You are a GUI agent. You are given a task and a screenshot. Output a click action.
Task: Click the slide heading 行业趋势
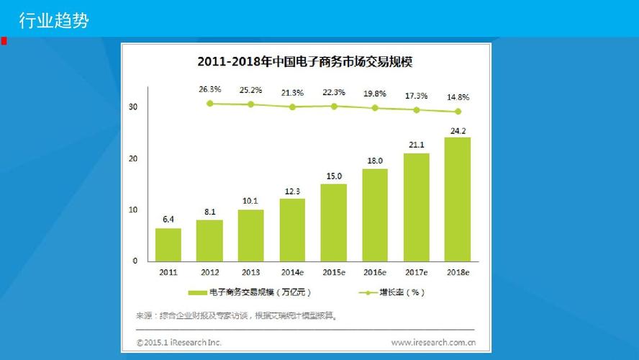53,21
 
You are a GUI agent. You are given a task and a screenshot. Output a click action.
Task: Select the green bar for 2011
168,245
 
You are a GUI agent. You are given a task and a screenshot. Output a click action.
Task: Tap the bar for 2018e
458,199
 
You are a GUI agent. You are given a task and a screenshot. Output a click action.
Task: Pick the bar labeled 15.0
334,222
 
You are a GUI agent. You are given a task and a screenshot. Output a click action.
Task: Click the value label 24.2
458,131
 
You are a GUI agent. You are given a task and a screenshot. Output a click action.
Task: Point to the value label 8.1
209,212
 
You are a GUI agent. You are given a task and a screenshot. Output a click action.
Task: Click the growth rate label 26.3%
209,90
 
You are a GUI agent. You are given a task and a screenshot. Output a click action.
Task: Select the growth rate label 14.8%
458,97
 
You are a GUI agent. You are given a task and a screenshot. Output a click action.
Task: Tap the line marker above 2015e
334,106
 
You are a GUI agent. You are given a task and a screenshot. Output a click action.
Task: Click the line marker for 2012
209,104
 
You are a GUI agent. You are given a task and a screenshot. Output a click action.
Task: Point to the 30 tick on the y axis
133,107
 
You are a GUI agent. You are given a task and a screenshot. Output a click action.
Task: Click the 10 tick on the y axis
133,210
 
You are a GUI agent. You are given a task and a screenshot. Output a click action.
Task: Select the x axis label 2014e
292,273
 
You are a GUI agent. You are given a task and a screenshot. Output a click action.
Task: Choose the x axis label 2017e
416,273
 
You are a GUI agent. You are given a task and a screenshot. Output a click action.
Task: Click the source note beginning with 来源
237,315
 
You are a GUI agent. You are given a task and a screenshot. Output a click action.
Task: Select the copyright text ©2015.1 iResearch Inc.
179,342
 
